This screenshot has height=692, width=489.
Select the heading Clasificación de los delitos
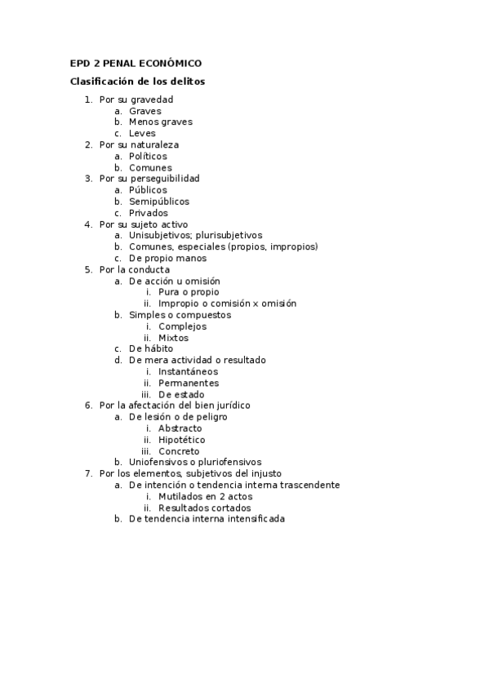click(137, 81)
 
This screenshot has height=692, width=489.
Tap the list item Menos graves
click(161, 122)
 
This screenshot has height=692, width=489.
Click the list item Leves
click(142, 133)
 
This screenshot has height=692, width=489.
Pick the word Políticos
click(148, 156)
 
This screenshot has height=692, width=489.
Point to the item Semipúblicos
click(158, 201)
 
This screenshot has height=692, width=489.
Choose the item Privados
click(149, 213)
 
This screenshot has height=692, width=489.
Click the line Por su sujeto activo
click(144, 224)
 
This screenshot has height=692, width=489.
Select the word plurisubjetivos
click(228, 235)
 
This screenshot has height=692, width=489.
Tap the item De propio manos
click(167, 258)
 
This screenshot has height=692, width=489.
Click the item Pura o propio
click(189, 291)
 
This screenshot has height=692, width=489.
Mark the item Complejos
click(183, 326)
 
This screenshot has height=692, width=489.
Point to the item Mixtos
click(173, 337)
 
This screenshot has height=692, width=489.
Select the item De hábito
click(151, 348)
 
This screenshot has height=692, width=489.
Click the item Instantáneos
click(188, 371)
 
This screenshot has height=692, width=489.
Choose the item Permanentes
click(188, 383)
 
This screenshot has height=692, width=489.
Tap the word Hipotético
click(182, 439)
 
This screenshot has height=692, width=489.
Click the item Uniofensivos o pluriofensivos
click(195, 461)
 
